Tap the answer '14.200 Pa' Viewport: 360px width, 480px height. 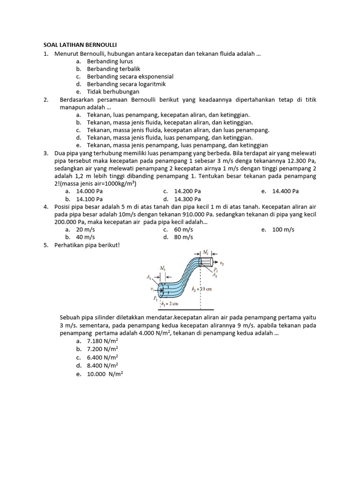point(187,191)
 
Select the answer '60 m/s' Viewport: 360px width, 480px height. point(183,230)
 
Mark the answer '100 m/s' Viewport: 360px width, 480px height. point(283,230)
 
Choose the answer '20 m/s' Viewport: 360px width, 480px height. point(86,230)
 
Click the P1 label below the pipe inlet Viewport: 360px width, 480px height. point(155,298)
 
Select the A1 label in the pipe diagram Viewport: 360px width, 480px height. point(149,277)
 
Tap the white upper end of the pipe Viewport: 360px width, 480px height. point(206,261)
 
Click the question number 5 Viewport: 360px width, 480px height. point(46,245)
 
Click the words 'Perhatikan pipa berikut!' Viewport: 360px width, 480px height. point(87,245)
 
